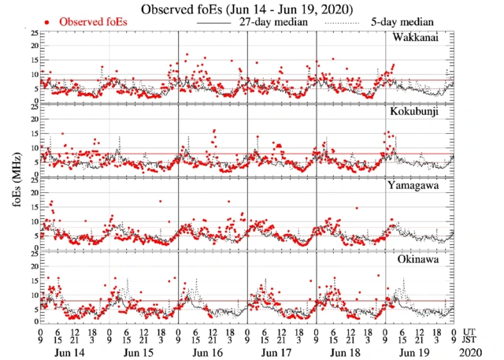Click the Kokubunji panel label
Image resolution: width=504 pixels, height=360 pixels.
(x=414, y=112)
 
